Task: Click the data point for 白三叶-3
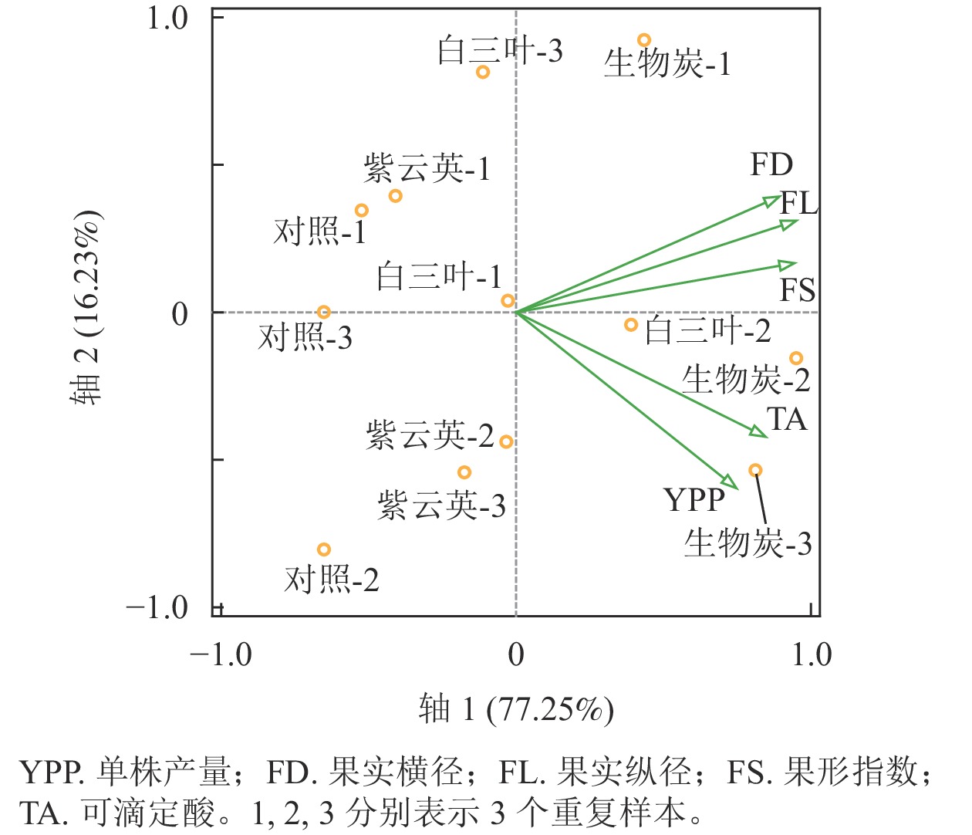pos(483,73)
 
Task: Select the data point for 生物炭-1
pos(644,40)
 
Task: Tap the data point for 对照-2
pos(324,549)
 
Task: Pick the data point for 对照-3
pos(324,313)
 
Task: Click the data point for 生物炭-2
pos(796,358)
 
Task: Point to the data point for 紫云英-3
pos(464,472)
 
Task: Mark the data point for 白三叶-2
pos(631,325)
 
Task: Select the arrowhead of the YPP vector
pos(728,481)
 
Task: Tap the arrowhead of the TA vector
pos(760,431)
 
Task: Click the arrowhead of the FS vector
pos(788,265)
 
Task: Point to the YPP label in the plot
pos(694,500)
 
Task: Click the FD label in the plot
pos(771,164)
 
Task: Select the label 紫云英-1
pos(427,168)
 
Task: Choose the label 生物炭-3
pos(748,543)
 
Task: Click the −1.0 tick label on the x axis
pos(221,654)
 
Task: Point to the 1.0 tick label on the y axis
pos(167,18)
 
